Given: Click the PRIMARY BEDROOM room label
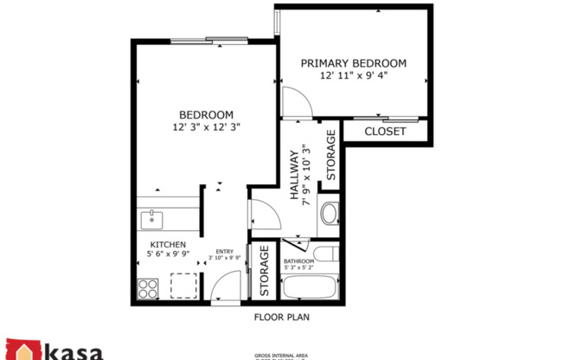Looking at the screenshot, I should pos(353,62).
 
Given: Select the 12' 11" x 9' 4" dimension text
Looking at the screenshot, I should pos(353,75).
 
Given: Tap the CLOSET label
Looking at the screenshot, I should pos(384,132).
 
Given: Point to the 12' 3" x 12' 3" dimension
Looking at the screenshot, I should pos(206,127).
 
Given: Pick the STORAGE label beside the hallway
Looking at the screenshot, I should pos(330,155).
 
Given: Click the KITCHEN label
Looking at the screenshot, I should pos(168,245).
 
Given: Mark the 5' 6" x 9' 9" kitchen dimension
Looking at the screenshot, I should pos(168,255).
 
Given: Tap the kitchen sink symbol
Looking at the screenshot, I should pos(151,219).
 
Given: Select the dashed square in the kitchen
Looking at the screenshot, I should pos(183,286).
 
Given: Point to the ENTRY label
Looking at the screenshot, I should pos(224,251).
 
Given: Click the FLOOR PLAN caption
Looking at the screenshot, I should pos(281,317).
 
